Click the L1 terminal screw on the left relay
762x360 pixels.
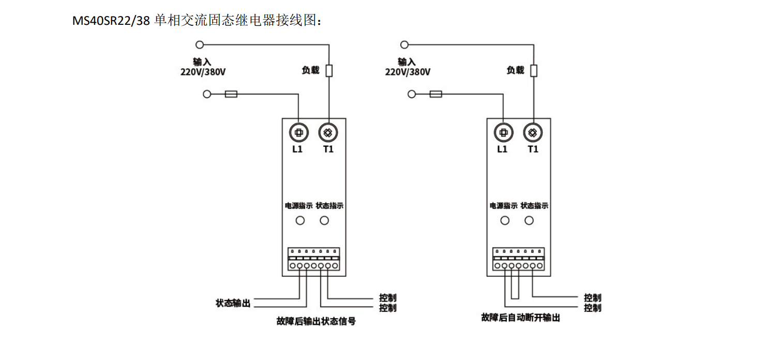(x=298, y=133)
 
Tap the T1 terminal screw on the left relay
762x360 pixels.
(x=327, y=133)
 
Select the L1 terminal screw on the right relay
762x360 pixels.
(x=502, y=133)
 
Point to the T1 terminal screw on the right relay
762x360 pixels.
(x=532, y=133)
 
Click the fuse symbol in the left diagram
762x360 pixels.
(x=231, y=94)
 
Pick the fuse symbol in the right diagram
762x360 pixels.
(x=436, y=94)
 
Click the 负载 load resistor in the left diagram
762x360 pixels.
(x=328, y=71)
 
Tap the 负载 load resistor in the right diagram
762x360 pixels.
(x=534, y=71)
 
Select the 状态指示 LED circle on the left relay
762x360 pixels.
(x=324, y=221)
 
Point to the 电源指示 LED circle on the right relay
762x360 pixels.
(x=505, y=221)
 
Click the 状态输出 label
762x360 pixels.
(x=233, y=303)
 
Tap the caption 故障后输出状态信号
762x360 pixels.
(x=316, y=321)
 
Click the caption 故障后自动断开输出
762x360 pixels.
(x=520, y=318)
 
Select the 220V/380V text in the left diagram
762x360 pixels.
(x=203, y=72)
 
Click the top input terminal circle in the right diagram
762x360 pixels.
(x=405, y=45)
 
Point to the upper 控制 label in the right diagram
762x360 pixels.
(x=593, y=298)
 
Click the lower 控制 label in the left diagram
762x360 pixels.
(x=387, y=308)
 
